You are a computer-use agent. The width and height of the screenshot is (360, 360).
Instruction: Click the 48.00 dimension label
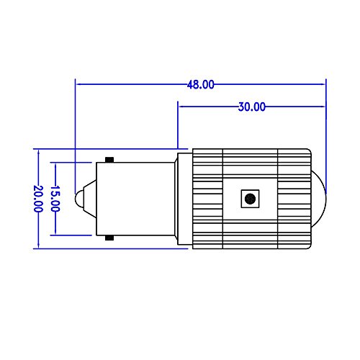[x=201, y=85]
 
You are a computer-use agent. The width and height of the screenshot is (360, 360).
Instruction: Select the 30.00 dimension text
[x=252, y=107]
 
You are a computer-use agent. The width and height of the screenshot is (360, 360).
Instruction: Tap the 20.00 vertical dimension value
[x=38, y=199]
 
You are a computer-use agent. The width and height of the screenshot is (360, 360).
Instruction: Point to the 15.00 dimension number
[x=55, y=199]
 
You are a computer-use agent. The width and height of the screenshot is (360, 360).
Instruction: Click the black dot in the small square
[x=250, y=199]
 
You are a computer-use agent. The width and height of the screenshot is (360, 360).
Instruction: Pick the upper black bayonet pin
[x=109, y=160]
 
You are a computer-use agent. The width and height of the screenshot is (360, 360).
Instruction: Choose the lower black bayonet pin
[x=109, y=238]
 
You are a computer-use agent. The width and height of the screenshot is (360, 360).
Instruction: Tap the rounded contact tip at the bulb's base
[x=79, y=199]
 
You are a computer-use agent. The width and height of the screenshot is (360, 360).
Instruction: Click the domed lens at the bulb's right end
[x=319, y=199]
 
